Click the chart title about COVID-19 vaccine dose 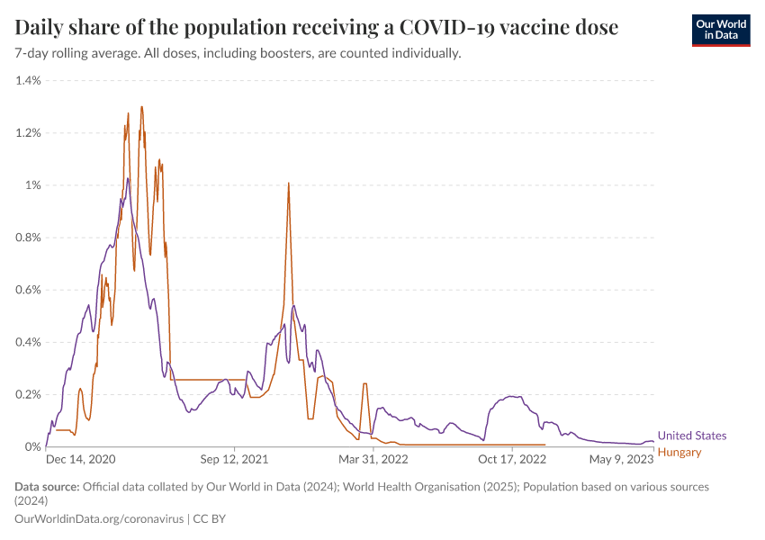click(317, 28)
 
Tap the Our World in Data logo click(720, 30)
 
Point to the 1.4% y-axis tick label click(28, 81)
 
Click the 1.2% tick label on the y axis click(28, 133)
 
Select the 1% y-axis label click(32, 185)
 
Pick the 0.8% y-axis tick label click(28, 238)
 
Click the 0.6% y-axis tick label click(28, 290)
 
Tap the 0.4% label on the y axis click(28, 342)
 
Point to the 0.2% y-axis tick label click(28, 394)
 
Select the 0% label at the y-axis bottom click(32, 446)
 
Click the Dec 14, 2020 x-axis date click(81, 459)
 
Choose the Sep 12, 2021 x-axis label click(234, 459)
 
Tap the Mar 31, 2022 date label click(373, 459)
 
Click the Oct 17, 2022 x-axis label click(512, 459)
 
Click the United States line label click(691, 436)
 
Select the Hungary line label click(679, 452)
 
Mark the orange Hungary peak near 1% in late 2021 click(288, 184)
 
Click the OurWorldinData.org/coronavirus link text click(99, 519)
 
